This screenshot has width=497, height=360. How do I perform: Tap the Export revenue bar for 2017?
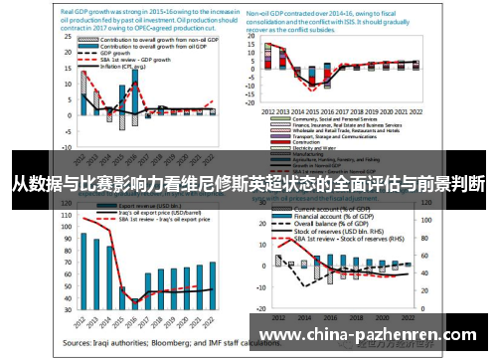pyautogui.click(x=148, y=293)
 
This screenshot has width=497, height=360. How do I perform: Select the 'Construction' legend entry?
pyautogui.click(x=298, y=140)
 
